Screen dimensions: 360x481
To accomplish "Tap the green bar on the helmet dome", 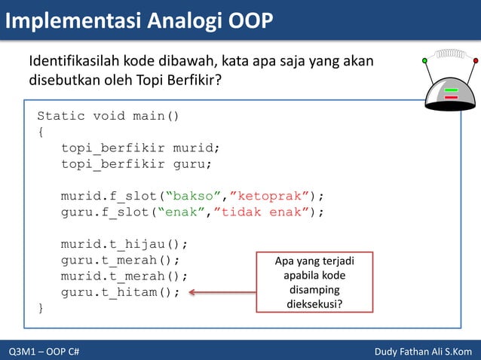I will [451, 90].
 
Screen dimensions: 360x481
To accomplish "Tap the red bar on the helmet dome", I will [451, 97].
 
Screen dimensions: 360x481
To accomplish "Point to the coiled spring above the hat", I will [449, 54].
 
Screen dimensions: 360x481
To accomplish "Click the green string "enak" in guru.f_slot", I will [183, 212].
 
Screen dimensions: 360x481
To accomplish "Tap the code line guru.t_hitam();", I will [121, 293].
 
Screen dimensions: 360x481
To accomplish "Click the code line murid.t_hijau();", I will [124, 244].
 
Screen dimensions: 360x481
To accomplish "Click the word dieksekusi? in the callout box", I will [314, 304].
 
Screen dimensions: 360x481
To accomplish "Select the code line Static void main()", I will [109, 116].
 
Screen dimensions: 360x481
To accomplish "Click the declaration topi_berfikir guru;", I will [136, 163].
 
